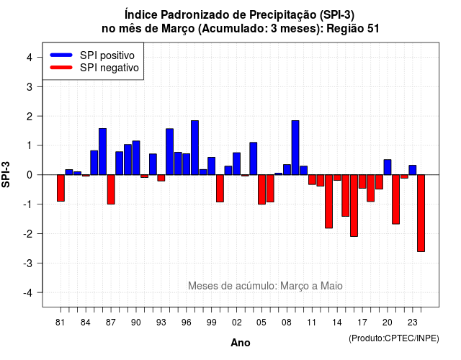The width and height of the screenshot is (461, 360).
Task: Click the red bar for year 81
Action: pos(61,188)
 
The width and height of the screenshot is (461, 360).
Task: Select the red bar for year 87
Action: pos(111,189)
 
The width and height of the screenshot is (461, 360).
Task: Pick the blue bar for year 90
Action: pos(136,158)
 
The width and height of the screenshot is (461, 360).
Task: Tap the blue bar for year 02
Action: pos(237,163)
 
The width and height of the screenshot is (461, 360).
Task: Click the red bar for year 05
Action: pos(261,189)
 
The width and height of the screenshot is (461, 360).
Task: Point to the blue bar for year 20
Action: pos(388,167)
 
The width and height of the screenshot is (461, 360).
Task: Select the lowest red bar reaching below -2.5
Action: pos(421,213)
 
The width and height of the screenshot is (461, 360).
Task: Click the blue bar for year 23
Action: pos(413,170)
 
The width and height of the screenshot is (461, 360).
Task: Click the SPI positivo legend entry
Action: pos(92,55)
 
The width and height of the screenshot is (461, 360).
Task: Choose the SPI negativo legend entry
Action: pos(94,68)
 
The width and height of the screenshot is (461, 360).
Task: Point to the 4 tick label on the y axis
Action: pos(30,58)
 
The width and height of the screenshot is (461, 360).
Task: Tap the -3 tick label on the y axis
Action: pos(27,263)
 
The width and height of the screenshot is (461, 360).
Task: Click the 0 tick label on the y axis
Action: pos(30,175)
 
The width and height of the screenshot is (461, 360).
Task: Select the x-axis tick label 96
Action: pos(187,323)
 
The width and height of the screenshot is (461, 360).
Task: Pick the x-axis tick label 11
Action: pos(312,323)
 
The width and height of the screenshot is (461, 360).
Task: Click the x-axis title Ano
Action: pos(241,343)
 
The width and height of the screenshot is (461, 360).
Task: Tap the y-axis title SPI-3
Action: pos(6,174)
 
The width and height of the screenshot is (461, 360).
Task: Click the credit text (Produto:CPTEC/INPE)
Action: pos(394,338)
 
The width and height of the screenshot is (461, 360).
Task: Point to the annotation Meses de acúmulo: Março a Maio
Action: pos(265,286)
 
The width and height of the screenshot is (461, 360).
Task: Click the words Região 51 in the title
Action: pos(353,29)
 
